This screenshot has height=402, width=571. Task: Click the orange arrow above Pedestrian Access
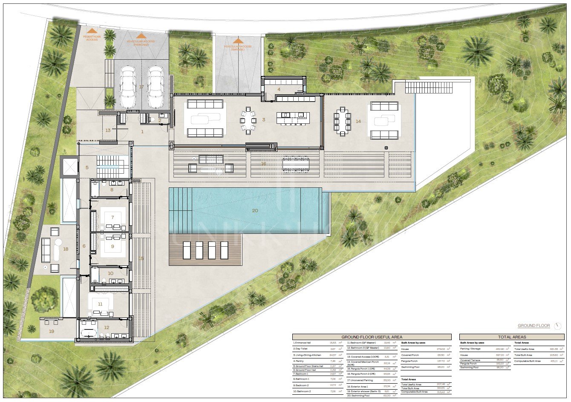point(92,31)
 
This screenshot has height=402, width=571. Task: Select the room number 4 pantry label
point(279,89)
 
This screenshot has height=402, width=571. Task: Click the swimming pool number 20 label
point(255,210)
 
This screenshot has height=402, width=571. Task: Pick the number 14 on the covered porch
point(358,121)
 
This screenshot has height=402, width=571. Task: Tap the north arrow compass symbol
point(558,326)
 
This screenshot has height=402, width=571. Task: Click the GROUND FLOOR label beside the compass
point(534,326)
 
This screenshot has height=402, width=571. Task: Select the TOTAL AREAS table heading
point(512,337)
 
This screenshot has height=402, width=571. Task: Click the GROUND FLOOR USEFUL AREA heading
point(372,337)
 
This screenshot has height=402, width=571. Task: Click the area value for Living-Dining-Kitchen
point(333,355)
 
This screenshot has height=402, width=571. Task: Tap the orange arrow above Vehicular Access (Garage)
point(238,41)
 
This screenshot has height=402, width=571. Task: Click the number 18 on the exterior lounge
point(65,249)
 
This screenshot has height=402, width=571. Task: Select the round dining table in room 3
point(248,120)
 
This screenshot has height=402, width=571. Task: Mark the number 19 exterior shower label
point(52,331)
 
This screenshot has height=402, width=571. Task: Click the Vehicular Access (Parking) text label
point(141,43)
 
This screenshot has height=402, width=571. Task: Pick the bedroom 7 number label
point(112,217)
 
